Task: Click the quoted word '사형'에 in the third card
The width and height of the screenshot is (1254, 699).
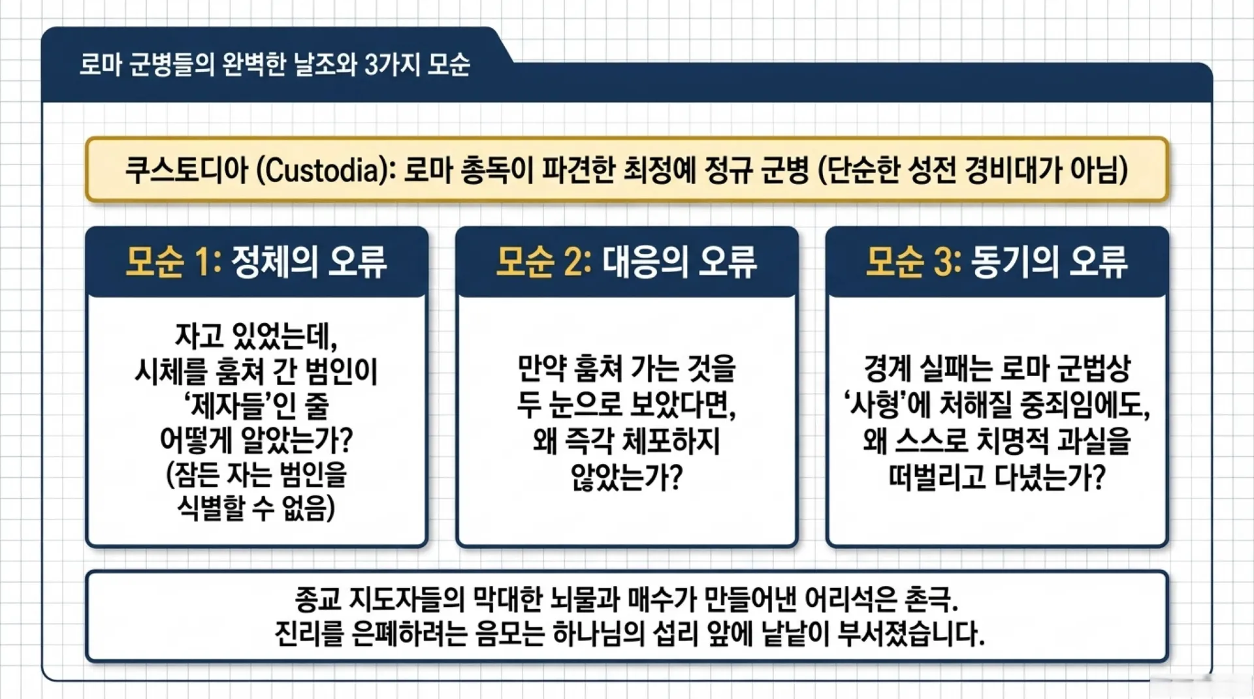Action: tap(886, 405)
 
